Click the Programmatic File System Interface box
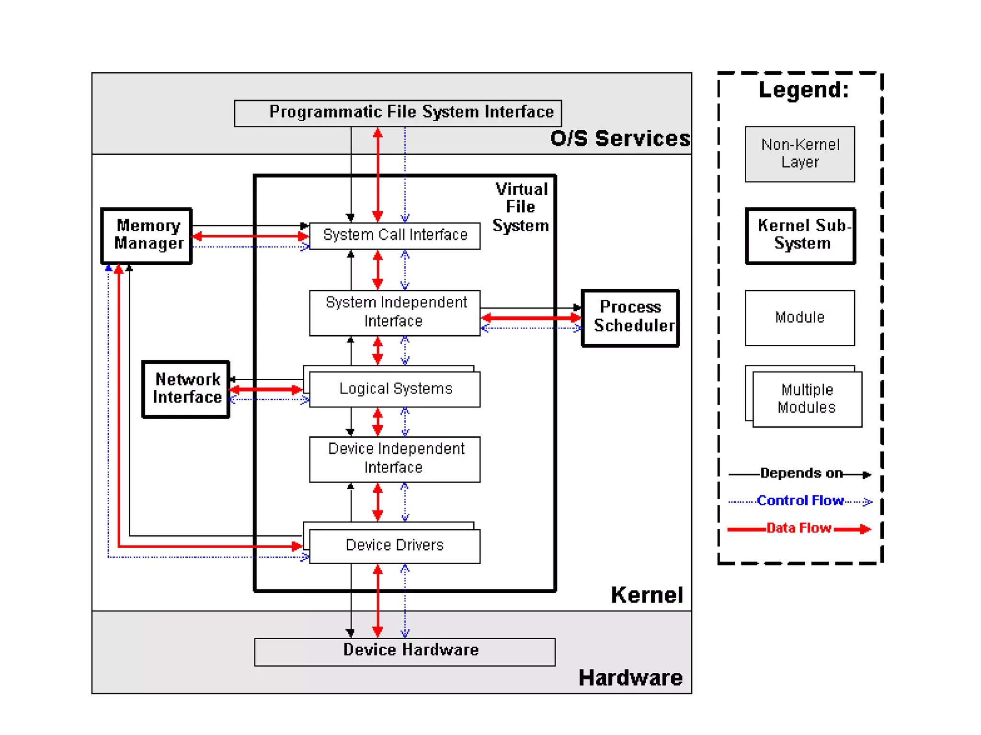coord(398,113)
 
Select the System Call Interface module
coord(395,236)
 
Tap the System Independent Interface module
coord(395,313)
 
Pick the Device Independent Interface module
coord(395,459)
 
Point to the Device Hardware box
coord(405,652)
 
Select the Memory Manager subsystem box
coord(147,236)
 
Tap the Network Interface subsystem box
coord(186,389)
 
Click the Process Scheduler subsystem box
coord(630,317)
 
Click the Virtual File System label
coord(521,207)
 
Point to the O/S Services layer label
coord(620,138)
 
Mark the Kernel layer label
coord(647,595)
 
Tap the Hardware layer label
coord(630,678)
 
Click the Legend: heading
coord(804,90)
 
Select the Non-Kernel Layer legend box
coord(800,154)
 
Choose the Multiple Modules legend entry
coord(804,396)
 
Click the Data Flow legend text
coord(799,528)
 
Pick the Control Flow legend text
coord(800,500)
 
